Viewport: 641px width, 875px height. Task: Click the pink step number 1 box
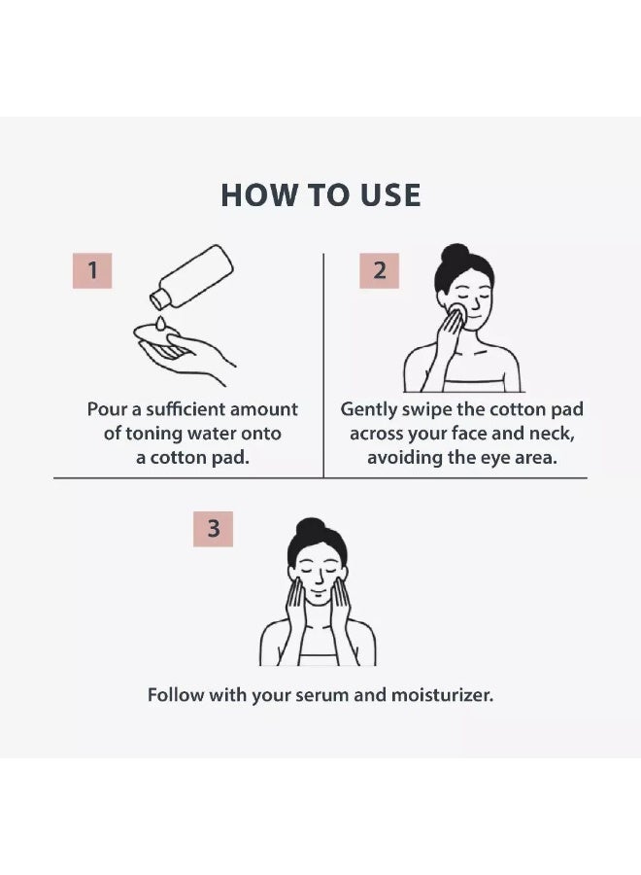pos(92,270)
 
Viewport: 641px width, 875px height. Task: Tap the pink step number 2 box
pos(379,270)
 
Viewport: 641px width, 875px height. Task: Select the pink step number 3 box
pos(213,529)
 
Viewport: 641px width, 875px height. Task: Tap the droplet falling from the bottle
pos(160,323)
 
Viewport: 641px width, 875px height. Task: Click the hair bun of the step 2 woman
pos(455,254)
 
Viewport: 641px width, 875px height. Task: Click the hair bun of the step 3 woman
pos(311,528)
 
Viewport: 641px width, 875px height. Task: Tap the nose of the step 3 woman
pos(318,581)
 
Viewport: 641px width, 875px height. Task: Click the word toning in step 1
pos(153,434)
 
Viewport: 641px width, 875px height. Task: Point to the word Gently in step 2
pos(368,410)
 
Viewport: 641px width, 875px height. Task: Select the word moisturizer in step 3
pos(442,695)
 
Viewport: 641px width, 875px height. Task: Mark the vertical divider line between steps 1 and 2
pos(323,366)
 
